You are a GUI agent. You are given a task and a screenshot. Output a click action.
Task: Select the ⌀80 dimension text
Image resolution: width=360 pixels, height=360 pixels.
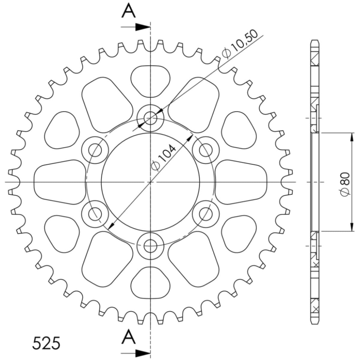coord(345,184)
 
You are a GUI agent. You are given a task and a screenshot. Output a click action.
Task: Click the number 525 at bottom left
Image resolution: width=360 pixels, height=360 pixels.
coord(46,343)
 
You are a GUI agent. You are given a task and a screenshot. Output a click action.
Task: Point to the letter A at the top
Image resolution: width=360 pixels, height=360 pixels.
coord(129,11)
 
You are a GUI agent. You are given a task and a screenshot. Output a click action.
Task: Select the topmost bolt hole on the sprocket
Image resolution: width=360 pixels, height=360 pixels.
coord(150,118)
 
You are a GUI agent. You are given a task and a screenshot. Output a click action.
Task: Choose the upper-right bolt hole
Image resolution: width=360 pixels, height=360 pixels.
coord(206,150)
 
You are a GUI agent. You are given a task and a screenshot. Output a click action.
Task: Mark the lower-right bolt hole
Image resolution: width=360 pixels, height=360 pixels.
coord(206,214)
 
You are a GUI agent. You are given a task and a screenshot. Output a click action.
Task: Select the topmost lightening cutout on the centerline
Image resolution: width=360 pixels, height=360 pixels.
coord(150,80)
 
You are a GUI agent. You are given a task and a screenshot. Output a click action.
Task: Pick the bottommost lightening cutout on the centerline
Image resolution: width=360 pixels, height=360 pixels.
coord(150,283)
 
